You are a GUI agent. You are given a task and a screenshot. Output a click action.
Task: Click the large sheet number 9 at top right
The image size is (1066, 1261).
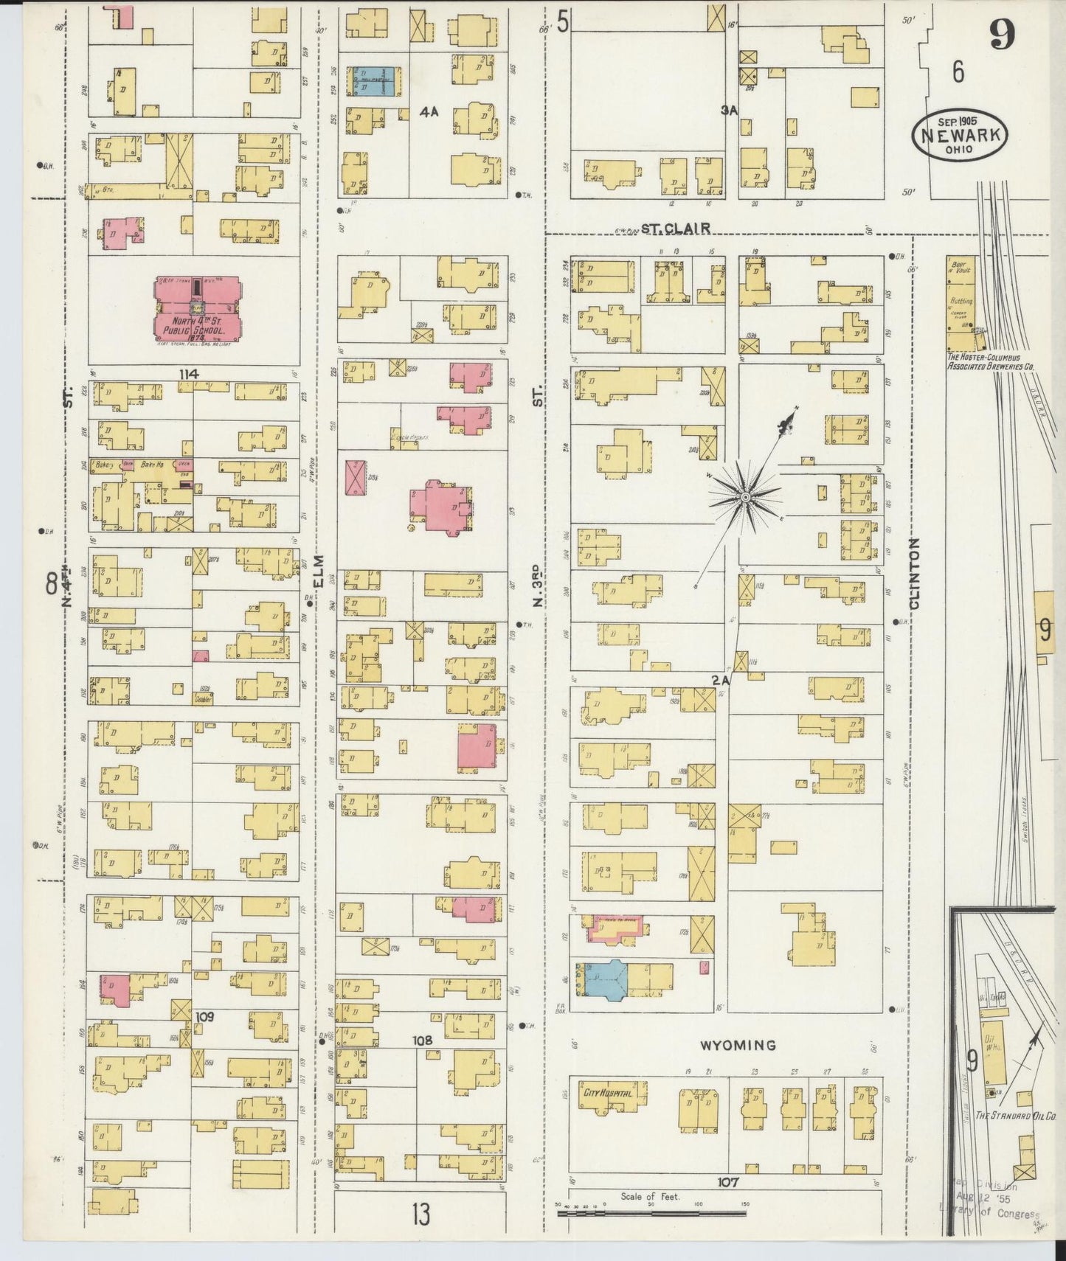point(1002,33)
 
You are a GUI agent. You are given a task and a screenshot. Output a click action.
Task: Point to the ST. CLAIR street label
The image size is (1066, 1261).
point(675,229)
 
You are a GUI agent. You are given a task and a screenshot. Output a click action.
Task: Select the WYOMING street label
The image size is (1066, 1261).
point(737,1045)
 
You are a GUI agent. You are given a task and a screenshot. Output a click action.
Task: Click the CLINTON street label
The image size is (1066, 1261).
point(915,573)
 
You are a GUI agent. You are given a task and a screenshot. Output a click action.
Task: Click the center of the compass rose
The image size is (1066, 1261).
point(745,499)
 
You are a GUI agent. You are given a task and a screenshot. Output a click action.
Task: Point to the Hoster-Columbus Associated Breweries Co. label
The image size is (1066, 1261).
point(991,361)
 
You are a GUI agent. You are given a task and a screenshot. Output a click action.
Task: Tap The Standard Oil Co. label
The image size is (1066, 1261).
point(1015,1116)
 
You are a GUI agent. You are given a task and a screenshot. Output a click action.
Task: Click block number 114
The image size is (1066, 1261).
point(189,375)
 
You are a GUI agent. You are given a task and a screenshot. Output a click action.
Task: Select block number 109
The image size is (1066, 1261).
point(204,1016)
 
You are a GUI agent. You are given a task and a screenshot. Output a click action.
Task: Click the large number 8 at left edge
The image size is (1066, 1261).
point(52,584)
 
